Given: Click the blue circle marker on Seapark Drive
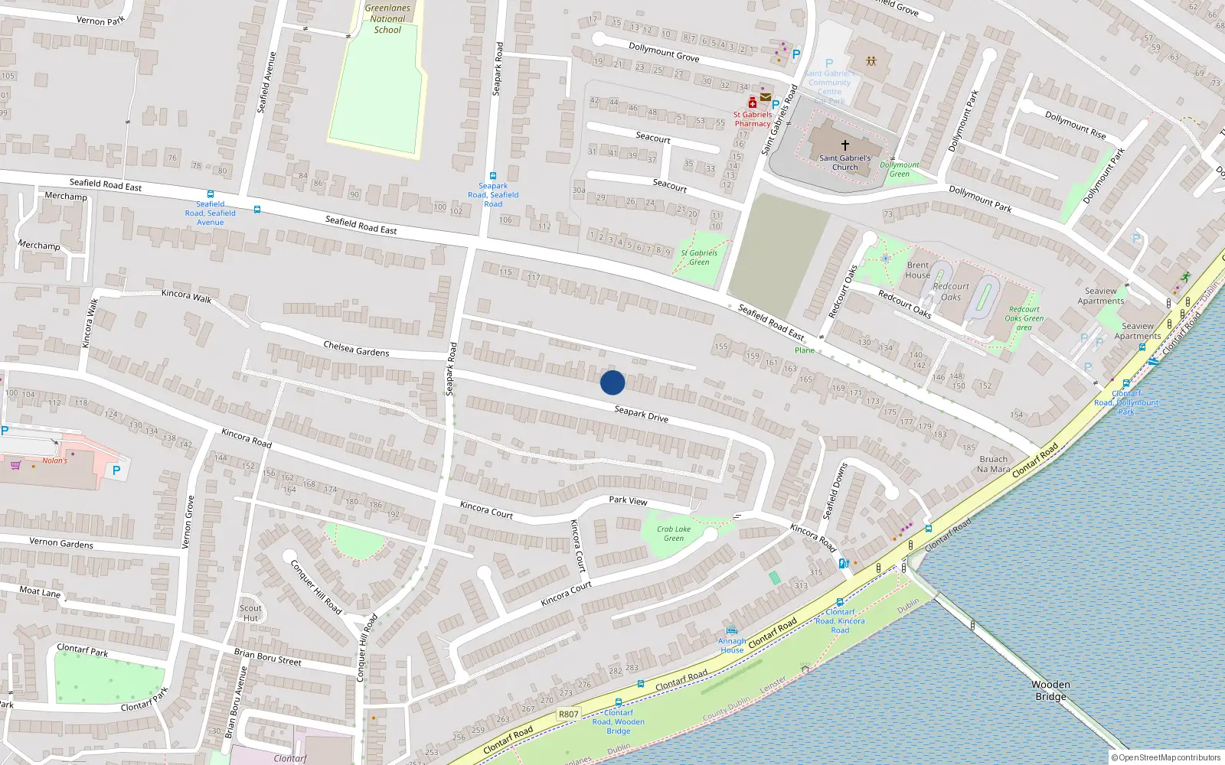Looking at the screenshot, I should click(612, 382).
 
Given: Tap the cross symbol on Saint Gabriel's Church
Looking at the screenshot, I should click(845, 145).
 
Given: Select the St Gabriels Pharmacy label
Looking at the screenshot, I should click(753, 119).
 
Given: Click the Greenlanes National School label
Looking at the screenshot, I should click(387, 19).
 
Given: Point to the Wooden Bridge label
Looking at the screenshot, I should click(1050, 690).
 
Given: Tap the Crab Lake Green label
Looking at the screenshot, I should click(674, 533).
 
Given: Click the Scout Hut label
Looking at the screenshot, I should click(250, 613).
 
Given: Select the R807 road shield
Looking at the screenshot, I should click(568, 714).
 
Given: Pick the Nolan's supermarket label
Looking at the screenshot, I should click(54, 461).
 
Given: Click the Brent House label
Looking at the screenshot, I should click(917, 270).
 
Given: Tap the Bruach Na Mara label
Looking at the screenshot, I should click(994, 464).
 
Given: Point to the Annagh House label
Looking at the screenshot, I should click(732, 646).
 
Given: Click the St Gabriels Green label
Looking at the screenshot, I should click(699, 257).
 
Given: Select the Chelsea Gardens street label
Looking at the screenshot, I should click(356, 349).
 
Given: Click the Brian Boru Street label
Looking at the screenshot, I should click(268, 656).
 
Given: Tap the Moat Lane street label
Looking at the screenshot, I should click(40, 592).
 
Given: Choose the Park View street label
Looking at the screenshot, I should click(628, 500).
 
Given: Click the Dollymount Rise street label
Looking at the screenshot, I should click(1075, 125).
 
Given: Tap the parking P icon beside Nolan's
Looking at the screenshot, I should click(116, 470).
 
